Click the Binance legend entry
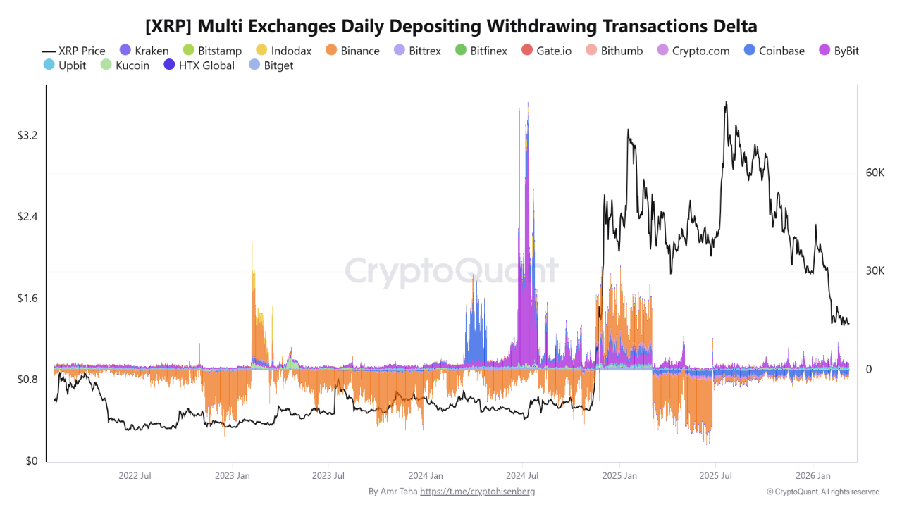click(352, 51)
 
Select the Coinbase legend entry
click(774, 51)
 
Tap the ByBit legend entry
click(838, 51)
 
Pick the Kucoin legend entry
click(125, 65)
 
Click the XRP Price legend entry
click(74, 51)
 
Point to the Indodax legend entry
click(283, 51)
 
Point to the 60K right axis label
click(875, 173)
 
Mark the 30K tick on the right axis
click(875, 271)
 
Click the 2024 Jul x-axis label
click(523, 475)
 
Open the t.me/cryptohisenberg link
click(477, 492)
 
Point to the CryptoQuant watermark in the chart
click(451, 271)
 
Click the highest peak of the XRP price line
click(726, 103)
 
